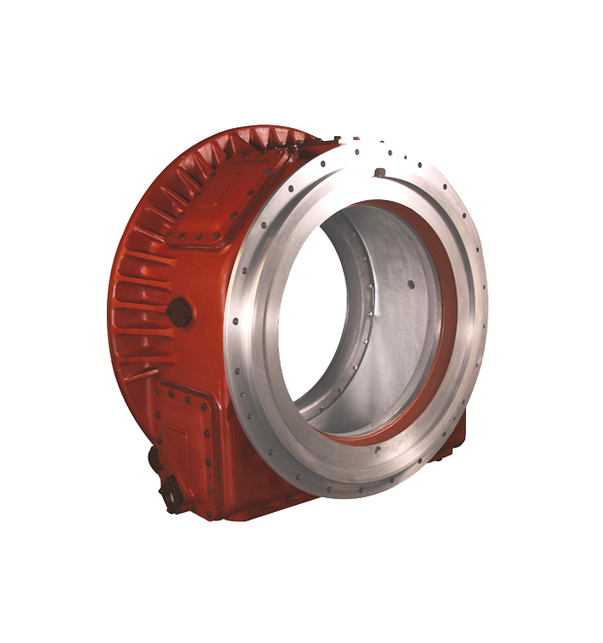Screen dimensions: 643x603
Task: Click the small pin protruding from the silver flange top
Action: (x=380, y=173)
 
